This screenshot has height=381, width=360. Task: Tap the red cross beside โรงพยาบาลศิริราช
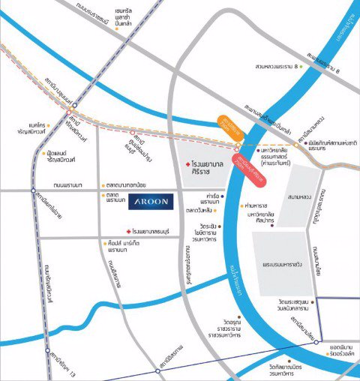187,163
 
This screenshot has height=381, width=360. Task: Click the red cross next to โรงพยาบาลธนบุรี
129,231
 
